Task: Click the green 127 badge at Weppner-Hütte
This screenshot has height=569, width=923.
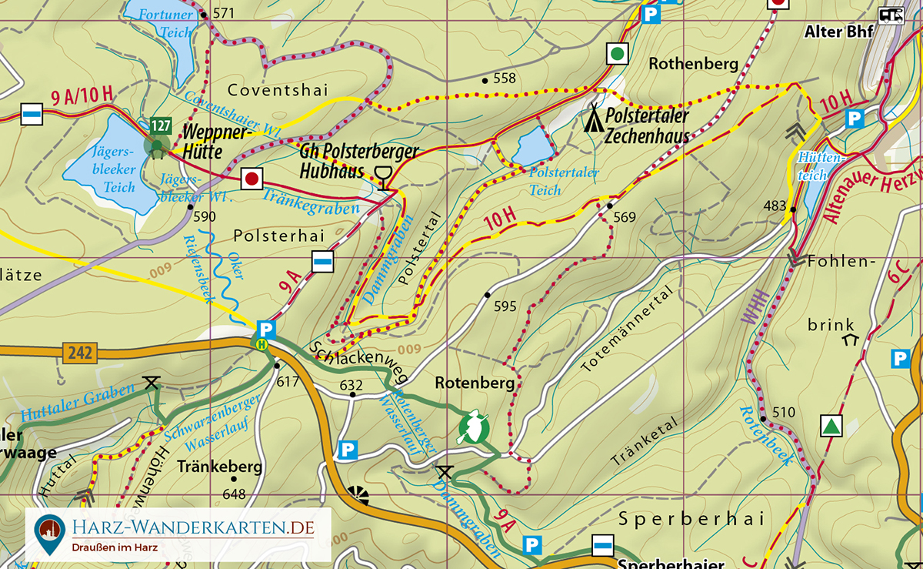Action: pyautogui.click(x=161, y=126)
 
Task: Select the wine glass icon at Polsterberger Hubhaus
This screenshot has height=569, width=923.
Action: pyautogui.click(x=382, y=176)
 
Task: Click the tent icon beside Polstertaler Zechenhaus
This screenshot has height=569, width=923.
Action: pyautogui.click(x=593, y=119)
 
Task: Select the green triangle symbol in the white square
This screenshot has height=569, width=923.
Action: pyautogui.click(x=830, y=426)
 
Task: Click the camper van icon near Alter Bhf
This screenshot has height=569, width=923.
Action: pyautogui.click(x=891, y=15)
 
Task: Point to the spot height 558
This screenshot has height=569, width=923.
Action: pyautogui.click(x=504, y=79)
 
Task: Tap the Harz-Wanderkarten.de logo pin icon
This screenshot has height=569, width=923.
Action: pyautogui.click(x=49, y=533)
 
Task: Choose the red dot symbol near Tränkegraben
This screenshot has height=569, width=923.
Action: pyautogui.click(x=251, y=179)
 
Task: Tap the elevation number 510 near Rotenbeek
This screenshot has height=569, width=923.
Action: pyautogui.click(x=783, y=413)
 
